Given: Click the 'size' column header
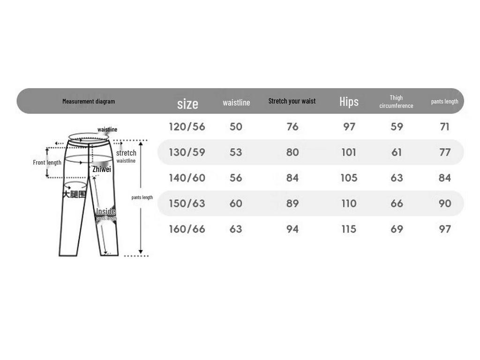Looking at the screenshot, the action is point(187,104).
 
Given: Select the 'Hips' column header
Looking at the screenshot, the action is point(349,101).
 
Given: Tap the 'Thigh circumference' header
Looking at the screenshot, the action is point(396,102).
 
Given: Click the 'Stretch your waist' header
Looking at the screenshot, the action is point(292,101).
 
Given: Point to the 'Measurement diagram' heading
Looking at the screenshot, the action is point(89,101).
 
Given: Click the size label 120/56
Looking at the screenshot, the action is point(187,127).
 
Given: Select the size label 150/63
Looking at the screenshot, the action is point(187,203).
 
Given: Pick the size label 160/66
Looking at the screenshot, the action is point(187,229).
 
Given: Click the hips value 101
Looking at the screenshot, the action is point(349,152).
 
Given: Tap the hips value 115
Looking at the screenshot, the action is point(349,229).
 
